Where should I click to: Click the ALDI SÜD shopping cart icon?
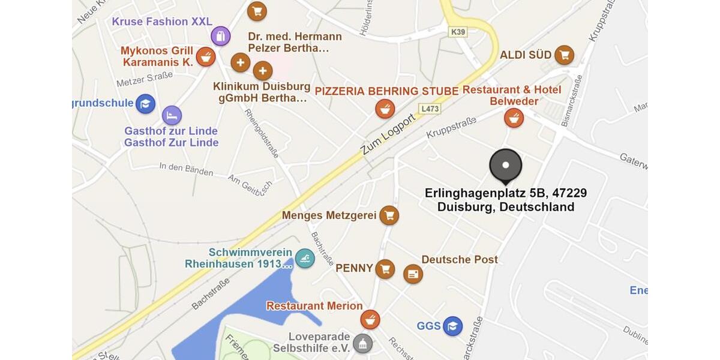564,55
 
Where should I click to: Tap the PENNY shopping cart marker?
385,269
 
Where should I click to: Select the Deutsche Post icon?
413,274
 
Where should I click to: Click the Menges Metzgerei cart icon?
389,215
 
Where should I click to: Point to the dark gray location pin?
506,166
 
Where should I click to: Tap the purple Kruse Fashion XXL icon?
221,36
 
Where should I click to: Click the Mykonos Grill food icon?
206,57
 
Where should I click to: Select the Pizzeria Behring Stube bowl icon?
385,109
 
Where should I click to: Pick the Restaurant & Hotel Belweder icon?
514,118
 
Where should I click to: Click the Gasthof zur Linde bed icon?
172,115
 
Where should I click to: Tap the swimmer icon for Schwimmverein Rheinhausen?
305,259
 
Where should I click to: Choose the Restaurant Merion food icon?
370,320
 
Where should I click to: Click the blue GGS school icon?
453,326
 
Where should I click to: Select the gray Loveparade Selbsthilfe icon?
362,343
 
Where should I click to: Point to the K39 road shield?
458,32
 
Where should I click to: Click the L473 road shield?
430,109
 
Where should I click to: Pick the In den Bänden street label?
186,169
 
